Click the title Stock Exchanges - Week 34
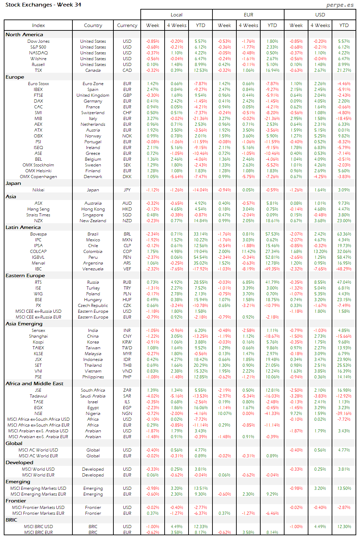pos(43,5)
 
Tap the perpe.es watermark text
pos(340,5)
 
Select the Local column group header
pos(177,15)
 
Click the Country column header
pos(93,25)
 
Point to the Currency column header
pos(127,25)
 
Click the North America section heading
pos(24,35)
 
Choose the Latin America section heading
pos(23,227)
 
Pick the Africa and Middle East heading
pos(34,383)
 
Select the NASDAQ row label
pos(38,53)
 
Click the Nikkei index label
pos(38,190)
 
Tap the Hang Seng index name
pos(38,209)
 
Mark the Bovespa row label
pos(38,234)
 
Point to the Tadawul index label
pos(38,396)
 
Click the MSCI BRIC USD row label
pos(38,527)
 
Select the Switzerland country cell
pos(93,113)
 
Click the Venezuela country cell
pos(93,269)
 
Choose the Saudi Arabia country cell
pos(93,396)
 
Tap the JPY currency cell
pos(127,190)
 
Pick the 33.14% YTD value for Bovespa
pos(200,234)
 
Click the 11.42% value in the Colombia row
pos(248,252)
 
